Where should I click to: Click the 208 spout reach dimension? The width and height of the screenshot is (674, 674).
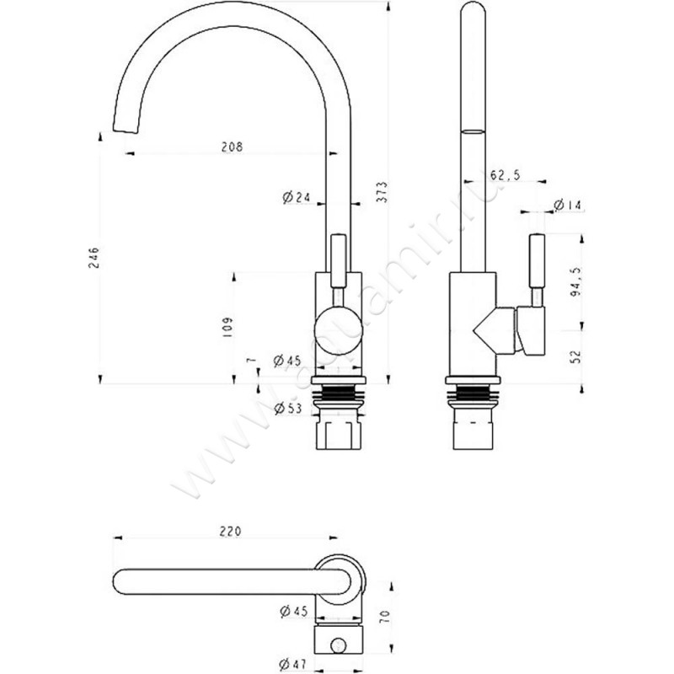pos(232,147)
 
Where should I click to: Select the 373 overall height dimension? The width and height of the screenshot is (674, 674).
pos(382,192)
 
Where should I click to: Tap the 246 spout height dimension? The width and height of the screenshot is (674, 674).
pos(94,258)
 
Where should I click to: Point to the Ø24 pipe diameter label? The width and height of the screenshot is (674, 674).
pos(297,197)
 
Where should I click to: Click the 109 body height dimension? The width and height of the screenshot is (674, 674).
pos(227,327)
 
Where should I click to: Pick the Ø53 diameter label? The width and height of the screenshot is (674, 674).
pos(288,408)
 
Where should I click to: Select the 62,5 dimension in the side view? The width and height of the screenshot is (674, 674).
pos(505,175)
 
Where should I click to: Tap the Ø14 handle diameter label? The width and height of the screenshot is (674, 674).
pos(568,205)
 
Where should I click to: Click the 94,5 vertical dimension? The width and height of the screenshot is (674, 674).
pos(575,281)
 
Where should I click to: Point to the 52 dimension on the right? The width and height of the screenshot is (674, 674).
pos(575,356)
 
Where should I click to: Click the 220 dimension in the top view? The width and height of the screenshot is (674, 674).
pos(230,532)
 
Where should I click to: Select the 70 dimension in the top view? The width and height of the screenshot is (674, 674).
pos(385,617)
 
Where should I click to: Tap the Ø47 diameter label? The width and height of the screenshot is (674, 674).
pos(293,665)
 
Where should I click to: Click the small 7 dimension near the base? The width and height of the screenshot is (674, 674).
pos(252,361)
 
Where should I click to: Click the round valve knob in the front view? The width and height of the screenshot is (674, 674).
pos(339,330)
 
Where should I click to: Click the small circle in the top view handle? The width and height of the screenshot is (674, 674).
pos(339,645)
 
